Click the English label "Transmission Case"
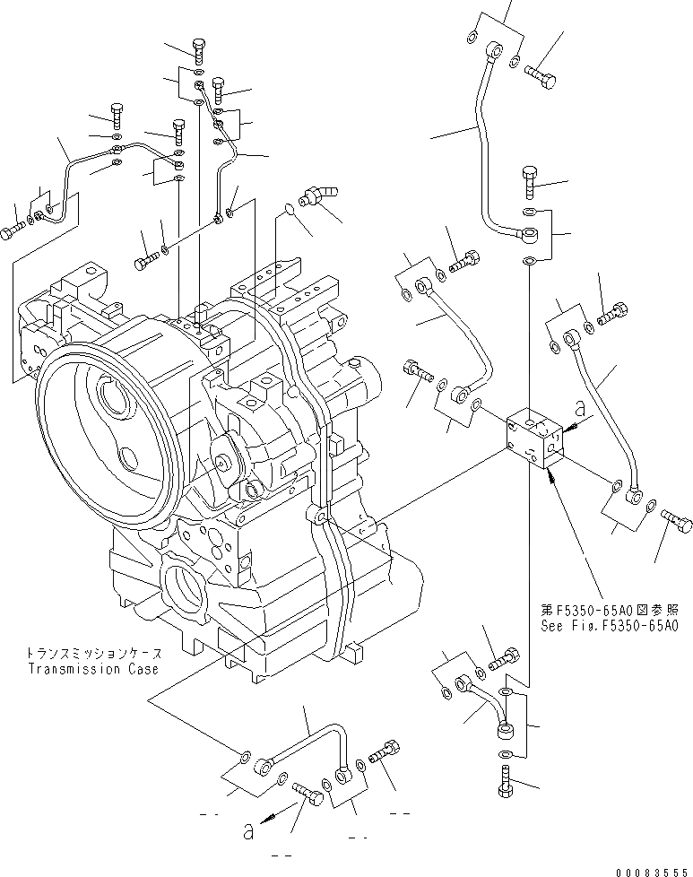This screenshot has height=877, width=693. (x=92, y=669)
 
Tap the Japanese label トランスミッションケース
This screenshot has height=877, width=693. (x=92, y=654)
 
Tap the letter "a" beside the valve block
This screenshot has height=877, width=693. (x=579, y=408)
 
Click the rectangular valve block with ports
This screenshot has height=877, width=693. (x=535, y=438)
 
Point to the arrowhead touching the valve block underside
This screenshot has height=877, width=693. (x=552, y=477)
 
